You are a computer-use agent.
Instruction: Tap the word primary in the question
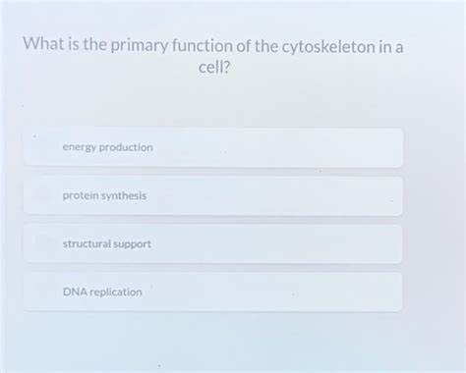tap(140, 47)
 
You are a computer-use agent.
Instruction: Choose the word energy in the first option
tap(79, 148)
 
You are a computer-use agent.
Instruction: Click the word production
tap(125, 147)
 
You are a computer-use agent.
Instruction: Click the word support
tap(132, 243)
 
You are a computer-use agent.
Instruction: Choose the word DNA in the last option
tap(75, 292)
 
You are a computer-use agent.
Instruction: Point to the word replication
tap(116, 292)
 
